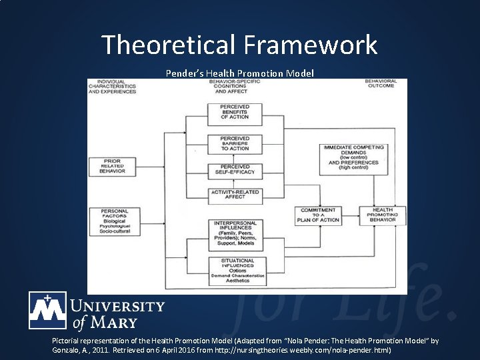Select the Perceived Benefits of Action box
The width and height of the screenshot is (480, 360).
pyautogui.click(x=235, y=112)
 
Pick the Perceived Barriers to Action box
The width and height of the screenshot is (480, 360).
pyautogui.click(x=235, y=143)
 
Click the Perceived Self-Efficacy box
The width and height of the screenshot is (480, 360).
pyautogui.click(x=235, y=169)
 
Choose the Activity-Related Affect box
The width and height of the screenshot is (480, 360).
pyautogui.click(x=235, y=195)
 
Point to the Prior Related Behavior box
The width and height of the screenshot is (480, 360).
pyautogui.click(x=112, y=165)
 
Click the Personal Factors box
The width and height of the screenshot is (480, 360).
pyautogui.click(x=112, y=221)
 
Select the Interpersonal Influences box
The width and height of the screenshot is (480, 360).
pyautogui.click(x=235, y=233)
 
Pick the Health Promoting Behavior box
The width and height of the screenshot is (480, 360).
pyautogui.click(x=383, y=215)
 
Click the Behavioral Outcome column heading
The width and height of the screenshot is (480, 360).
pyautogui.click(x=381, y=83)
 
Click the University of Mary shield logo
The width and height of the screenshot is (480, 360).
pyautogui.click(x=47, y=310)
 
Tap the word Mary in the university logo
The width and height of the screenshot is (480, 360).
pyautogui.click(x=114, y=323)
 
